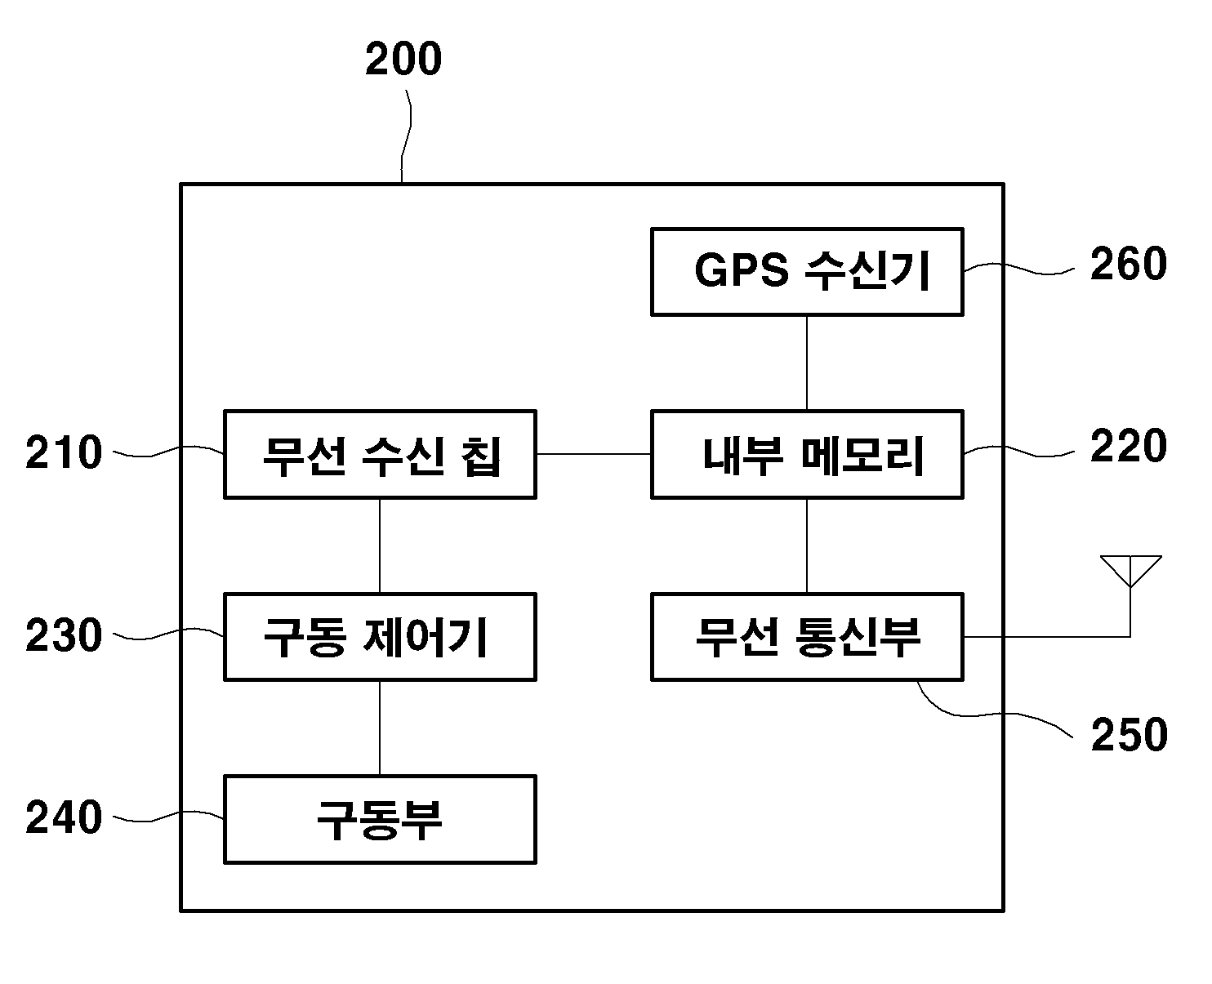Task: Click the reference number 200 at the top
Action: (403, 59)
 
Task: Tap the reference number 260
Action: (1129, 264)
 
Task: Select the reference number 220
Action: (1129, 446)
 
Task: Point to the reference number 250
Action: (1129, 735)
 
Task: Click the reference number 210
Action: (64, 452)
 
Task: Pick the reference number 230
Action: (64, 635)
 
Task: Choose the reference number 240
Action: (64, 817)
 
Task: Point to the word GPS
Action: (741, 270)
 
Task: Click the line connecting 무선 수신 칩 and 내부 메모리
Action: (594, 454)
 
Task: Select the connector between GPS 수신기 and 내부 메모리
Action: (806, 363)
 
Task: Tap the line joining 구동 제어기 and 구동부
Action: (380, 728)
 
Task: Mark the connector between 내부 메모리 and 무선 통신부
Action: (806, 546)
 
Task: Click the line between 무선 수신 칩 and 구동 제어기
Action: (380, 546)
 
